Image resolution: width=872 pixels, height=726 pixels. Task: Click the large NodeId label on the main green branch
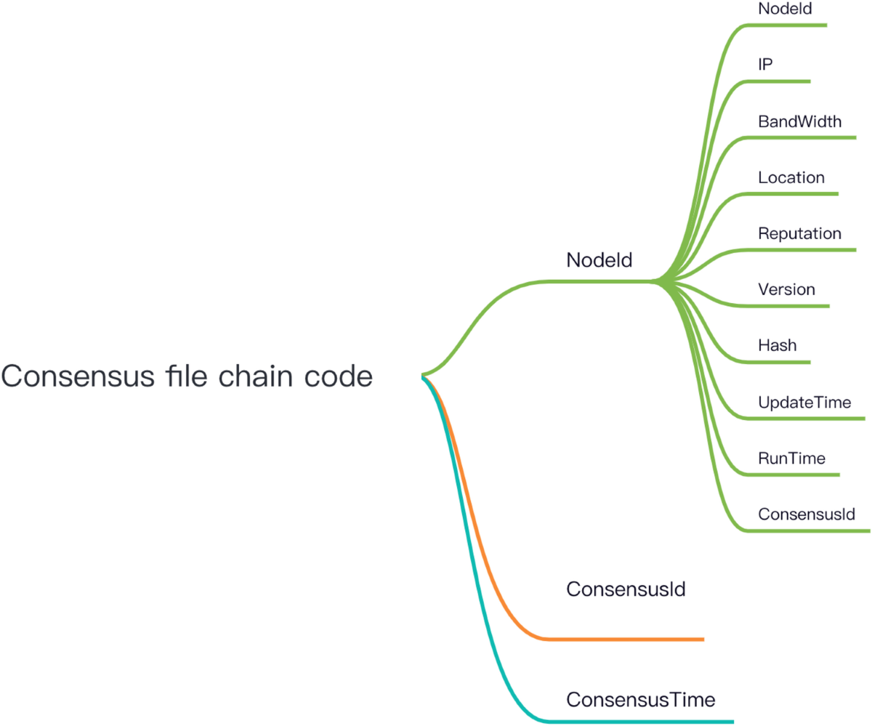click(599, 260)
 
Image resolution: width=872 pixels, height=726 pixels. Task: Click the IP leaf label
click(765, 64)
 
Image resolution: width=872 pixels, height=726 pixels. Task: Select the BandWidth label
click(799, 121)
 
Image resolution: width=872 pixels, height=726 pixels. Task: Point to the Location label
click(791, 177)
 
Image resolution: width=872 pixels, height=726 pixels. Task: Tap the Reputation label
click(799, 233)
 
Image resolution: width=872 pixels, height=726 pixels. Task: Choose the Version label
click(786, 289)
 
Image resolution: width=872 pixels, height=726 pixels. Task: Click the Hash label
click(777, 345)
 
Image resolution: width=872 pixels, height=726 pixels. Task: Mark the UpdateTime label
click(804, 402)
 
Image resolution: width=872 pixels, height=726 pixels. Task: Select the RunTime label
click(791, 458)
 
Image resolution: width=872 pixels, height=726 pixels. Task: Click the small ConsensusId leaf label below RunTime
click(806, 514)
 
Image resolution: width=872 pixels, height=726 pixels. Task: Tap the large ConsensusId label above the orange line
click(626, 589)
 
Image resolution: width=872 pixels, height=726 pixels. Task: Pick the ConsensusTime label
click(641, 700)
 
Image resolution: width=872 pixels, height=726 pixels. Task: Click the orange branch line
click(625, 639)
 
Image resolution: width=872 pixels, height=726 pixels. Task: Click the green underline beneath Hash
click(774, 362)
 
